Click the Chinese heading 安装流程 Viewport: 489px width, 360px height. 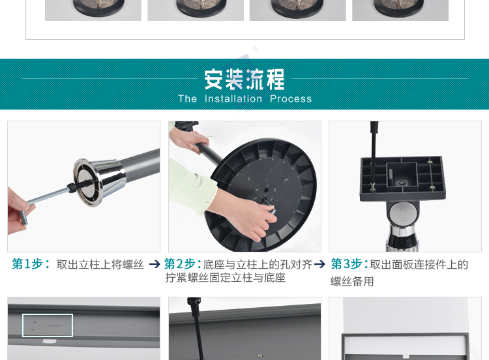tap(244, 79)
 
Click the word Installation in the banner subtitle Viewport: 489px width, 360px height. tap(233, 99)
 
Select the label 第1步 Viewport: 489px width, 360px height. tap(30, 264)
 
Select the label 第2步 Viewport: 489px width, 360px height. tap(182, 264)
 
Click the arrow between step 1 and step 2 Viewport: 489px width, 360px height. tap(155, 264)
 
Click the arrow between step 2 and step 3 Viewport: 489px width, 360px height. tap(319, 264)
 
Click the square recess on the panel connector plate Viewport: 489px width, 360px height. tap(402, 175)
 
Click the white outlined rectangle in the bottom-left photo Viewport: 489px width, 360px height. tap(47, 325)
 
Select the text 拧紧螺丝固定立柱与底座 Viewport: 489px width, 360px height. tap(225, 278)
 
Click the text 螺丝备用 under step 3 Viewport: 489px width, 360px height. tap(352, 282)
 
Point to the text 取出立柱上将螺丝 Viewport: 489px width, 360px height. tap(100, 265)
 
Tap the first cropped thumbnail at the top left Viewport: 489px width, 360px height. tap(93, 10)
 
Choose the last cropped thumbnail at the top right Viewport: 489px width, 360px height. tap(400, 10)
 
